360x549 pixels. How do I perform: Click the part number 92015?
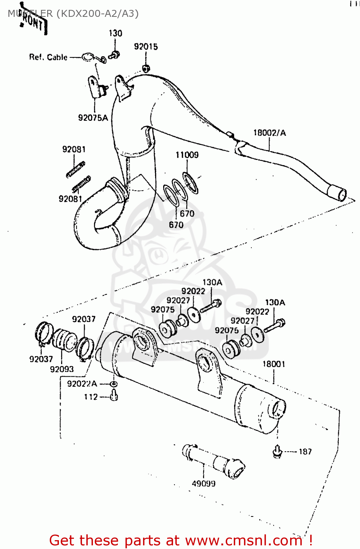tap(146, 46)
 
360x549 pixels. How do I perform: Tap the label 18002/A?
tap(270, 132)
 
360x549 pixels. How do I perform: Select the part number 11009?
tap(187, 155)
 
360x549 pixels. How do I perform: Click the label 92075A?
tap(93, 118)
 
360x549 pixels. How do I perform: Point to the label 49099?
tap(203, 483)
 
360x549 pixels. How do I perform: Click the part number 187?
tap(305, 452)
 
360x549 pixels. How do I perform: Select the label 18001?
tap(274, 364)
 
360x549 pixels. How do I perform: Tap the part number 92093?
tap(62, 369)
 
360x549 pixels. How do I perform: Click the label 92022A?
tap(82, 384)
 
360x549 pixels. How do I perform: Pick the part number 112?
tap(91, 397)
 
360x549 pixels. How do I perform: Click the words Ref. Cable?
tap(48, 57)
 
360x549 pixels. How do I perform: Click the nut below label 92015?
tap(146, 68)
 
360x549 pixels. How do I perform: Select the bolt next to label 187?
tap(277, 451)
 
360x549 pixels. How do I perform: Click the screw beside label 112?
tap(114, 395)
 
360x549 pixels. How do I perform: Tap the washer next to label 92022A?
tap(113, 384)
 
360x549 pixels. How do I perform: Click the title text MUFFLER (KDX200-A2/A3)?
tap(73, 14)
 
